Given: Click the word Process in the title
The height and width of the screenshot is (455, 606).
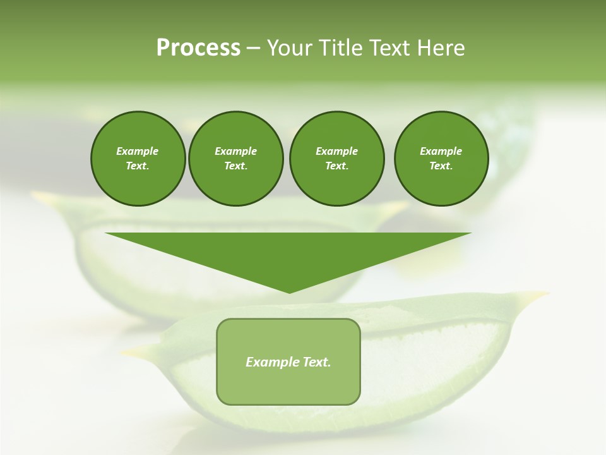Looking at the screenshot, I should point(198,48).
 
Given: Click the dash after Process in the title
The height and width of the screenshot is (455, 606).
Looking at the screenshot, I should point(254,49).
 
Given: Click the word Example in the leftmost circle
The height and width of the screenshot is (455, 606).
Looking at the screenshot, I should point(138,151).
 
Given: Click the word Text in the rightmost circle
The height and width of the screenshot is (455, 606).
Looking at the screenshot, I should point(441,166).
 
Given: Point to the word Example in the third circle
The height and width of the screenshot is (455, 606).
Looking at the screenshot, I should point(336,151).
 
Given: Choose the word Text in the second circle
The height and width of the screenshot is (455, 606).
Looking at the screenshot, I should point(235,166).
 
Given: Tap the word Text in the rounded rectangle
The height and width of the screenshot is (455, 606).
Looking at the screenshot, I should point(318,362).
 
